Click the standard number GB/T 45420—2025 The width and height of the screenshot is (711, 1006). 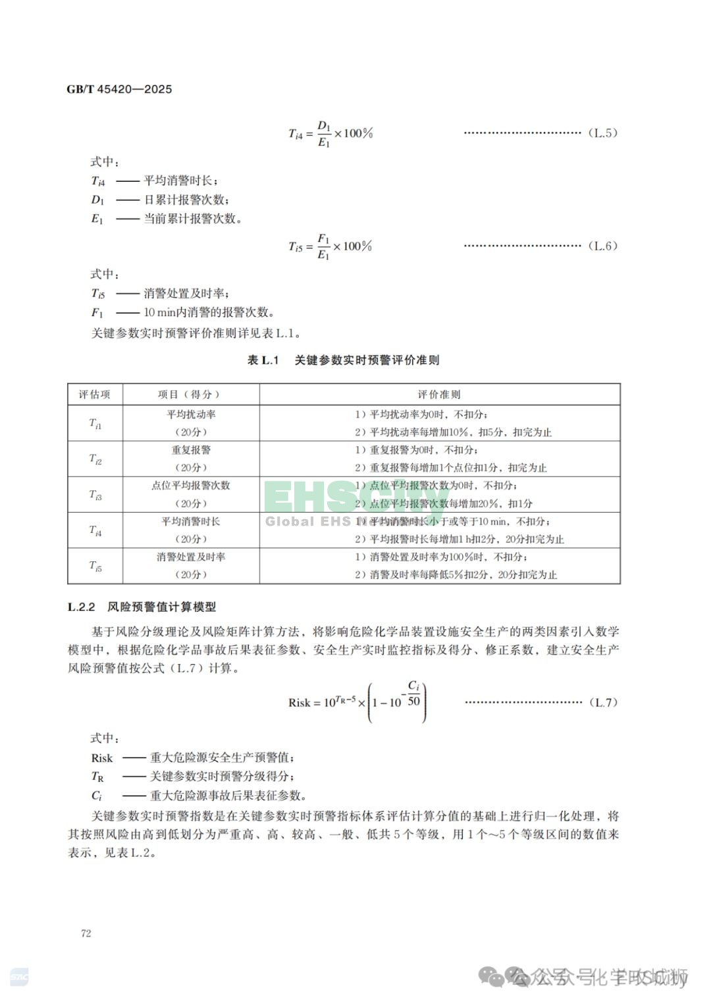pyautogui.click(x=119, y=89)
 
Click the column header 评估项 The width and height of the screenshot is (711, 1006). pyautogui.click(x=95, y=395)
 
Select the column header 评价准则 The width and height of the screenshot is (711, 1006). pyautogui.click(x=439, y=395)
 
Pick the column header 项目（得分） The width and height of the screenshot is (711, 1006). pyautogui.click(x=190, y=395)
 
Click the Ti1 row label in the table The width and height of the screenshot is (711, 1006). pyautogui.click(x=95, y=424)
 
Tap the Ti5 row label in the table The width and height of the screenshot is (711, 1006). pyautogui.click(x=95, y=566)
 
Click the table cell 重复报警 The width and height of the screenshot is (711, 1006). pyautogui.click(x=191, y=450)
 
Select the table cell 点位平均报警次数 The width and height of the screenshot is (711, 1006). pyautogui.click(x=191, y=486)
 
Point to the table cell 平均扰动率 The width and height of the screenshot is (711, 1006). pyautogui.click(x=191, y=414)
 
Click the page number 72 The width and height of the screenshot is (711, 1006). pyautogui.click(x=86, y=933)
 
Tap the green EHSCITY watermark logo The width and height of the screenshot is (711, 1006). pyautogui.click(x=355, y=499)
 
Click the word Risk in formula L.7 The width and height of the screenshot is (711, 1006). pyautogui.click(x=300, y=703)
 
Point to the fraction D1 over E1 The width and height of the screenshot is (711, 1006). pyautogui.click(x=323, y=133)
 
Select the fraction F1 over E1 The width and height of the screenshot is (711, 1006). pyautogui.click(x=323, y=246)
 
